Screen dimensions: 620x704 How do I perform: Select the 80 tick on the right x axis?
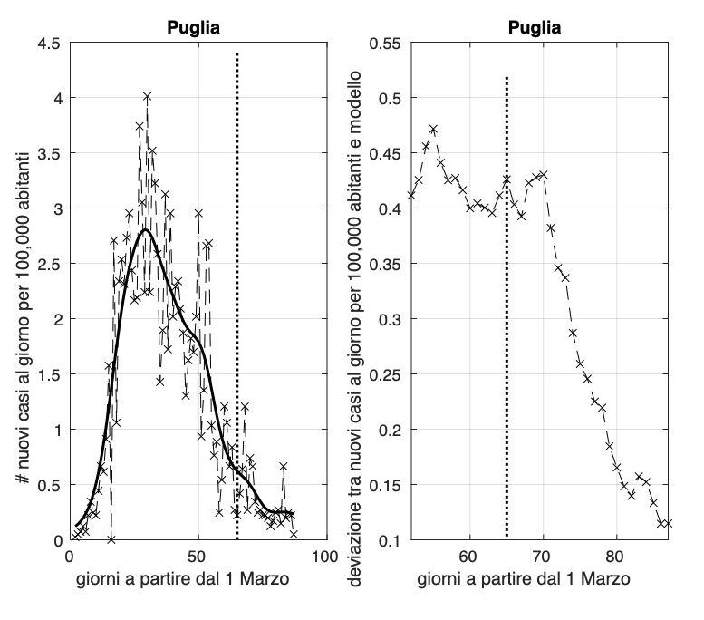click(616, 556)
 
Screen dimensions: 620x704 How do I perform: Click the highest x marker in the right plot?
click(433, 130)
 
